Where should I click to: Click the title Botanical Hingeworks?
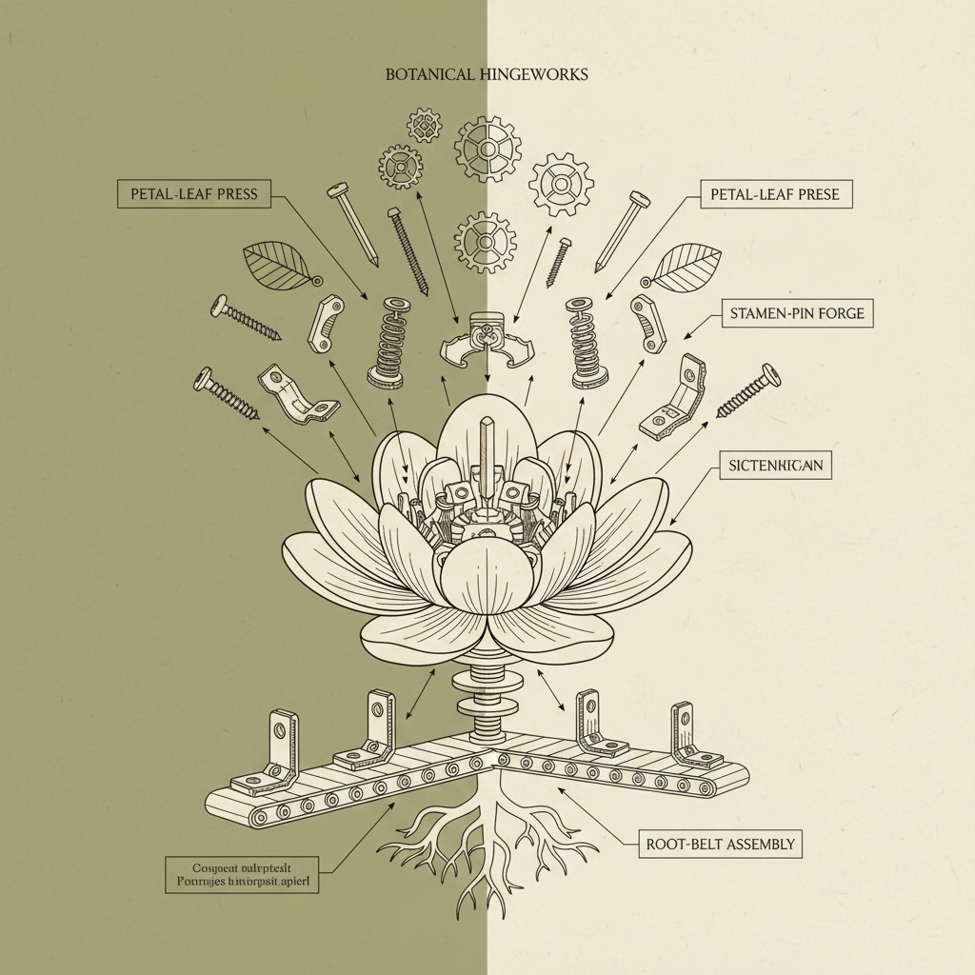pyautogui.click(x=487, y=74)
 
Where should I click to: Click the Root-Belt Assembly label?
pyautogui.click(x=720, y=844)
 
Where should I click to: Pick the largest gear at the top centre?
pyautogui.click(x=487, y=149)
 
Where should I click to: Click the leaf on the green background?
pyautogui.click(x=277, y=264)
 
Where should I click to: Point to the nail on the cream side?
pyautogui.click(x=623, y=230)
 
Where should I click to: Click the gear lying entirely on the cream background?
pyautogui.click(x=561, y=183)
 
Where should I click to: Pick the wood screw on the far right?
pyautogui.click(x=748, y=390)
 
